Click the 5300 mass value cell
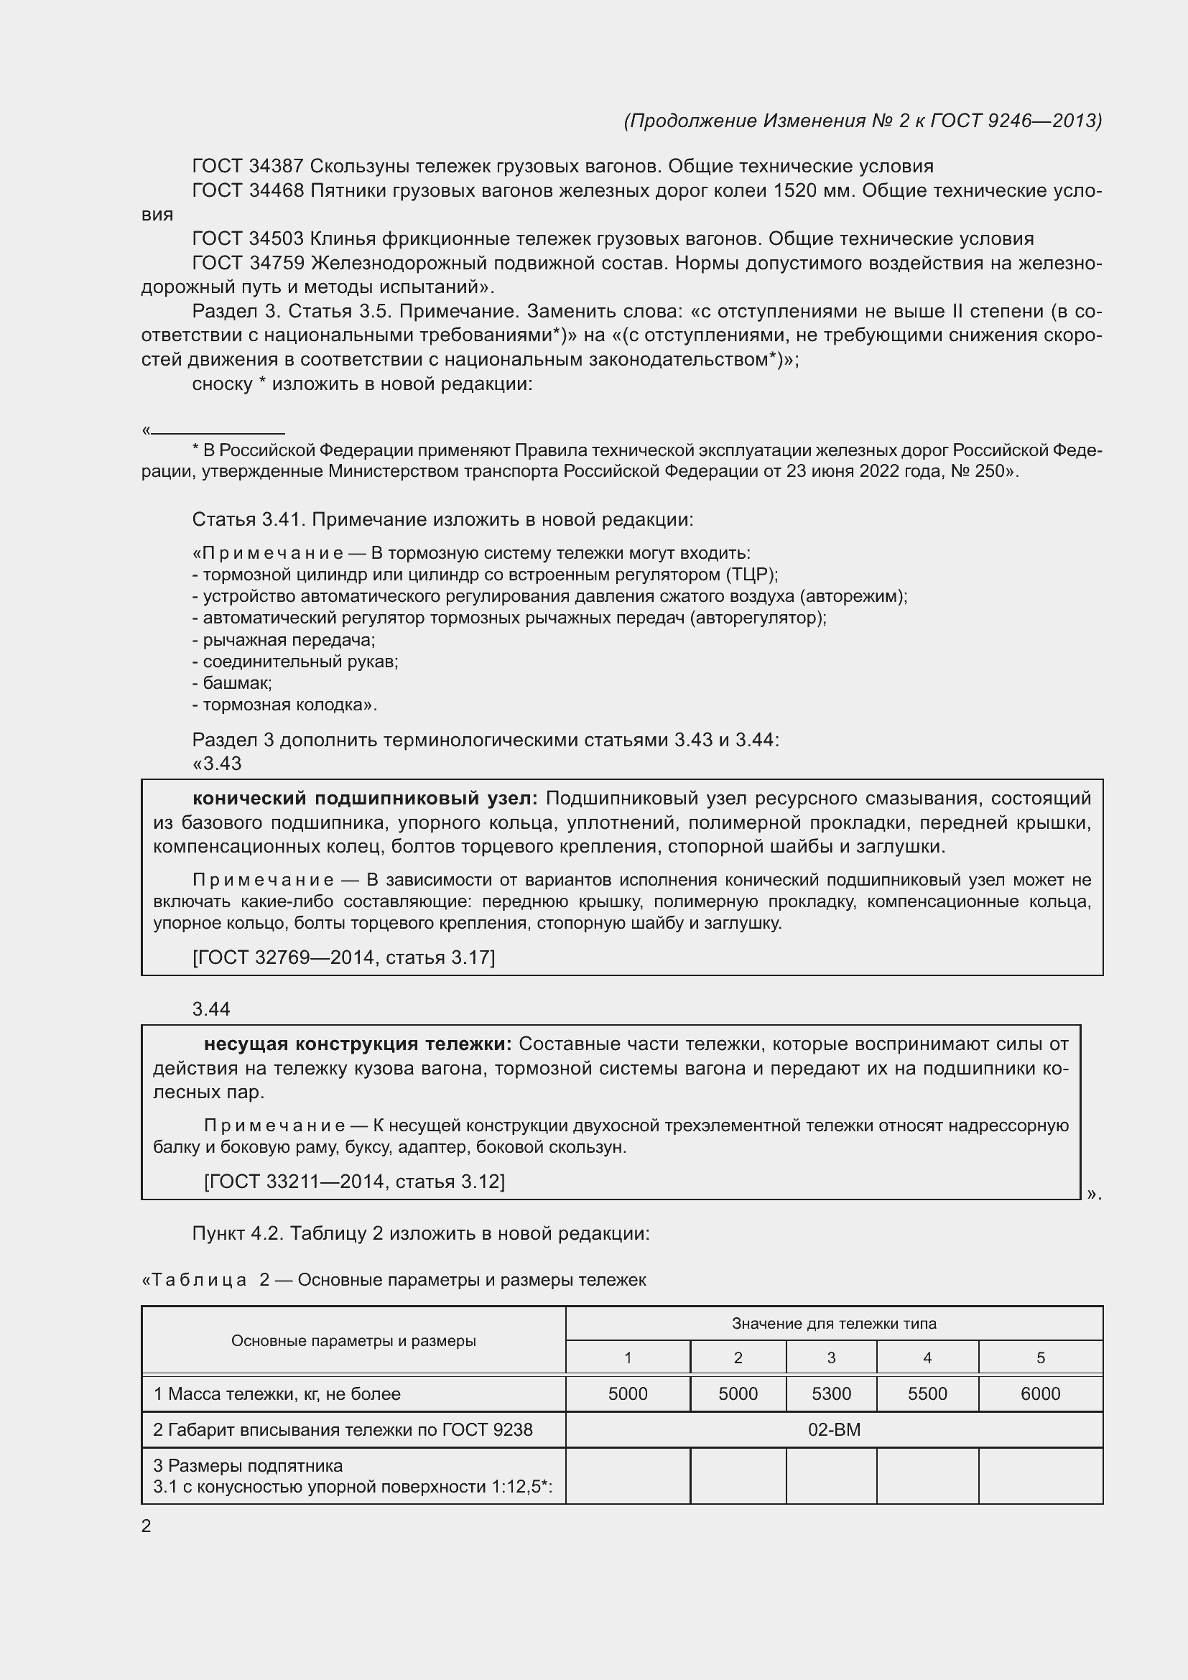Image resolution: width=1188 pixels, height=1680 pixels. (x=831, y=1394)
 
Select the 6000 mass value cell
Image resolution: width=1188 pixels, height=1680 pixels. (x=1040, y=1394)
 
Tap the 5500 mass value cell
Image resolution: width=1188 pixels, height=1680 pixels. (x=927, y=1394)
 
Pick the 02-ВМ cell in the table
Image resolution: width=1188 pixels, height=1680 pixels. (x=834, y=1430)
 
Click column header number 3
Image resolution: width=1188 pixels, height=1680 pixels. (x=831, y=1358)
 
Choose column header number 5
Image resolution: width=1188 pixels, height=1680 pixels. (x=1040, y=1358)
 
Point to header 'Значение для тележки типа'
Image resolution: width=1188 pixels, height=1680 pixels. (x=834, y=1324)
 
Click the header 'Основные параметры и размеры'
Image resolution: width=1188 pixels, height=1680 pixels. (x=353, y=1340)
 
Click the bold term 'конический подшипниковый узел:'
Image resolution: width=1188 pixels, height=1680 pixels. (x=364, y=798)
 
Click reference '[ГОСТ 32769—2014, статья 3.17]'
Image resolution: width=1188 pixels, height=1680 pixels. (x=343, y=958)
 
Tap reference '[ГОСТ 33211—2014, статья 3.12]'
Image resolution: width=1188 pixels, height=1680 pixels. (x=354, y=1182)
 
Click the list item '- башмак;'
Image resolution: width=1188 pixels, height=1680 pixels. (x=232, y=683)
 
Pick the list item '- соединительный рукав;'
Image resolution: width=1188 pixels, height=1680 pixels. (x=294, y=662)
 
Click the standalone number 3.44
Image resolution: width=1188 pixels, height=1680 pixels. (x=210, y=1009)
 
